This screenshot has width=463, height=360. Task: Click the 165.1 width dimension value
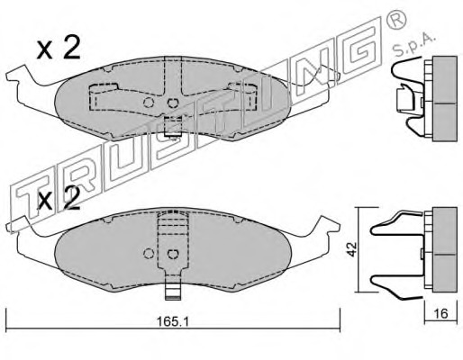point(173,322)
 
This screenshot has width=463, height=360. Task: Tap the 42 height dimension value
point(352,249)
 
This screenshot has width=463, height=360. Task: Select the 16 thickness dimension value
point(440,313)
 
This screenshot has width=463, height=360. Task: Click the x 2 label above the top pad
point(59,49)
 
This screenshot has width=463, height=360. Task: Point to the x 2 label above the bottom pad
point(59,199)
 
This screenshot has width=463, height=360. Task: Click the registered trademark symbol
point(395,20)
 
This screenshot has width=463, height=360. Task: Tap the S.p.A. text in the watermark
point(415,46)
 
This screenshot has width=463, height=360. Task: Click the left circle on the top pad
point(149,103)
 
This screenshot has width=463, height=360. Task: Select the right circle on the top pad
point(172,103)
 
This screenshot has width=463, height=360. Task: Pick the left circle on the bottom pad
point(149,254)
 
